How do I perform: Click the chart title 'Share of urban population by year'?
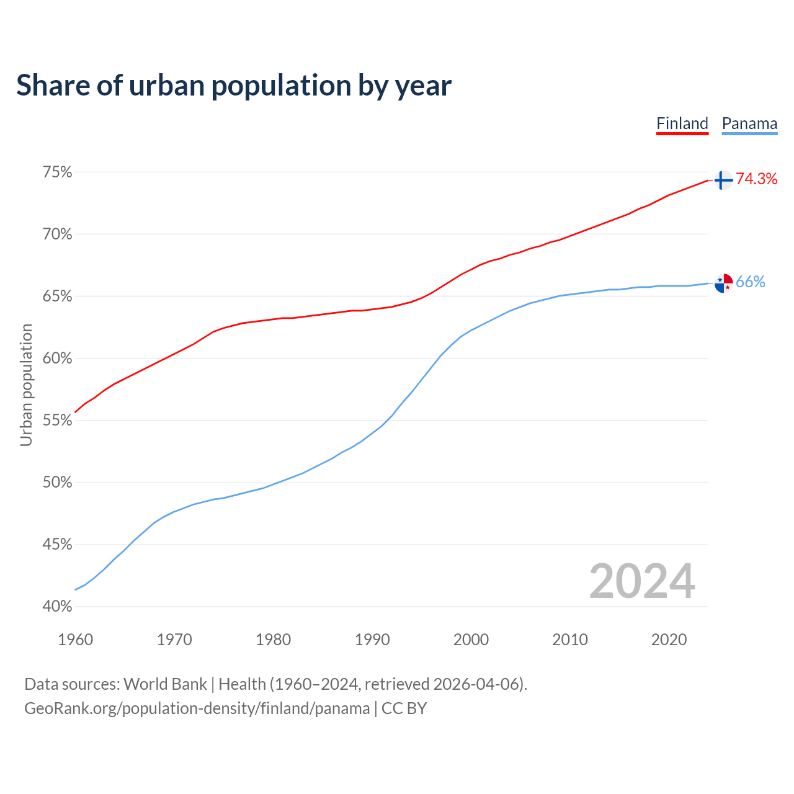pos(234,86)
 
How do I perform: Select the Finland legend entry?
pos(682,123)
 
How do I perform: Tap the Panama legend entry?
pos(749,123)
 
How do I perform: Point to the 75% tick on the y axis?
pos(57,172)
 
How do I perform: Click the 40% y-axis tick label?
pos(57,607)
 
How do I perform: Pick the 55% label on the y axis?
pos(57,421)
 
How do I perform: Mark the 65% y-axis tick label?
pos(57,297)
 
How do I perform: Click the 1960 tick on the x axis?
pos(75,640)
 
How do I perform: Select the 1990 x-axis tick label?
pos(372,640)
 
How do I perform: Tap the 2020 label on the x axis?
pos(669,640)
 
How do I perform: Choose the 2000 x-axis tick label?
pos(471,640)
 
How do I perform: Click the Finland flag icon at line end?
pos(723,180)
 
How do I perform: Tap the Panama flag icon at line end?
pos(723,283)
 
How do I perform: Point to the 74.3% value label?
pos(757,179)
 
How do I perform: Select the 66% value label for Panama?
pos(751,282)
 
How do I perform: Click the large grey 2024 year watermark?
pos(642,581)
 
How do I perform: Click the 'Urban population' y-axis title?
pos(26,385)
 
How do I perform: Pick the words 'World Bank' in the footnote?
pos(165,684)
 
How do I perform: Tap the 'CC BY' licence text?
pos(404,708)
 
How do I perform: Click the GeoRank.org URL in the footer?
pos(197,708)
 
